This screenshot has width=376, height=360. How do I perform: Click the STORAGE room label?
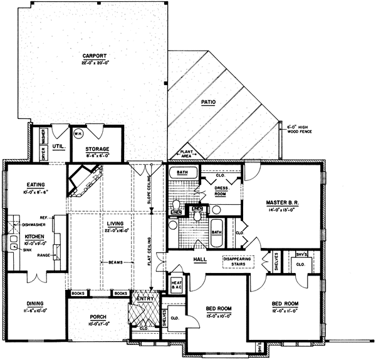(x=97, y=148)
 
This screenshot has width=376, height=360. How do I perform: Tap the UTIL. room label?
(x=59, y=147)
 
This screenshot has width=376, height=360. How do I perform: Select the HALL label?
(x=201, y=259)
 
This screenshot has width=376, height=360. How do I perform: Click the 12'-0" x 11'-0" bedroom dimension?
(x=285, y=309)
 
